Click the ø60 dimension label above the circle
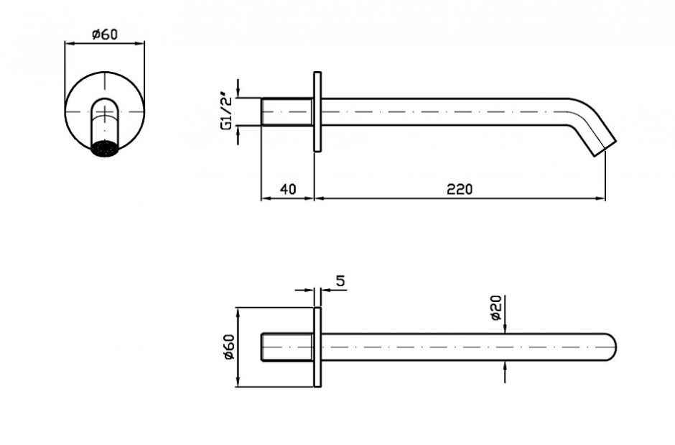[x=105, y=34]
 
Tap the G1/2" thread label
[x=226, y=111]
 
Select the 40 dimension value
[x=288, y=188]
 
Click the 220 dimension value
[x=460, y=188]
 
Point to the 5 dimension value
[x=340, y=281]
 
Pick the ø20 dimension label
[x=496, y=308]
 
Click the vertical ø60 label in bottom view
[x=228, y=347]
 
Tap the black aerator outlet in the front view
[x=105, y=149]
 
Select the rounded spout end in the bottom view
[x=611, y=347]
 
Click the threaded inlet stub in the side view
[x=287, y=111]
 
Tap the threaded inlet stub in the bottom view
[x=287, y=347]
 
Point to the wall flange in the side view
[x=317, y=111]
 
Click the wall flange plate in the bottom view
[x=317, y=347]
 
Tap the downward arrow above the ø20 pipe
[x=505, y=329]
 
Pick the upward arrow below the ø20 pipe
[x=505, y=366]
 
